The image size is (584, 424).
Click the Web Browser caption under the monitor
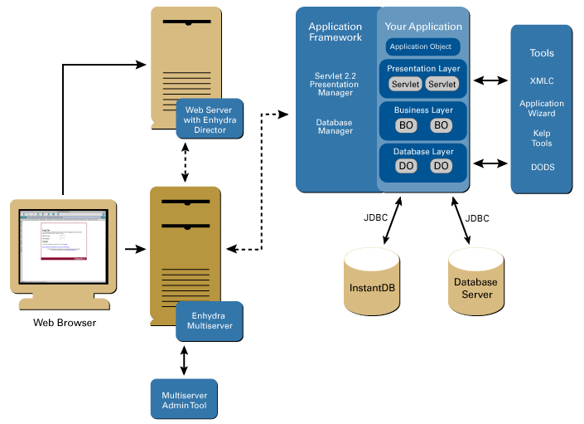pyautogui.click(x=65, y=322)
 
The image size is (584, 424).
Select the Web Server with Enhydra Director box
pyautogui.click(x=210, y=119)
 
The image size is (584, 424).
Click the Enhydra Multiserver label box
pyautogui.click(x=210, y=321)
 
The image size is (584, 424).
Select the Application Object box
pyautogui.click(x=422, y=46)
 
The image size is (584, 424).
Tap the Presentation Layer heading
pyautogui.click(x=423, y=69)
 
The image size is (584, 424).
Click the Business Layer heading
pyautogui.click(x=423, y=110)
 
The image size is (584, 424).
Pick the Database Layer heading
pyautogui.click(x=423, y=152)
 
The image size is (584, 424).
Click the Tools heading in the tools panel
pyautogui.click(x=542, y=53)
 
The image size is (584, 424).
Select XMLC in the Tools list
pyautogui.click(x=542, y=81)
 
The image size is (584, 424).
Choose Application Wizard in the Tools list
pyautogui.click(x=542, y=109)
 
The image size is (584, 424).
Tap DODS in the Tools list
pyautogui.click(x=542, y=168)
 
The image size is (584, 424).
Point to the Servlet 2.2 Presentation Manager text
pyautogui.click(x=335, y=84)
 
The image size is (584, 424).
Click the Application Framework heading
pyautogui.click(x=335, y=32)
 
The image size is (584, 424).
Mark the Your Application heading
pyautogui.click(x=423, y=27)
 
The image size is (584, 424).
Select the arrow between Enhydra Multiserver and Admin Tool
pyautogui.click(x=184, y=359)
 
